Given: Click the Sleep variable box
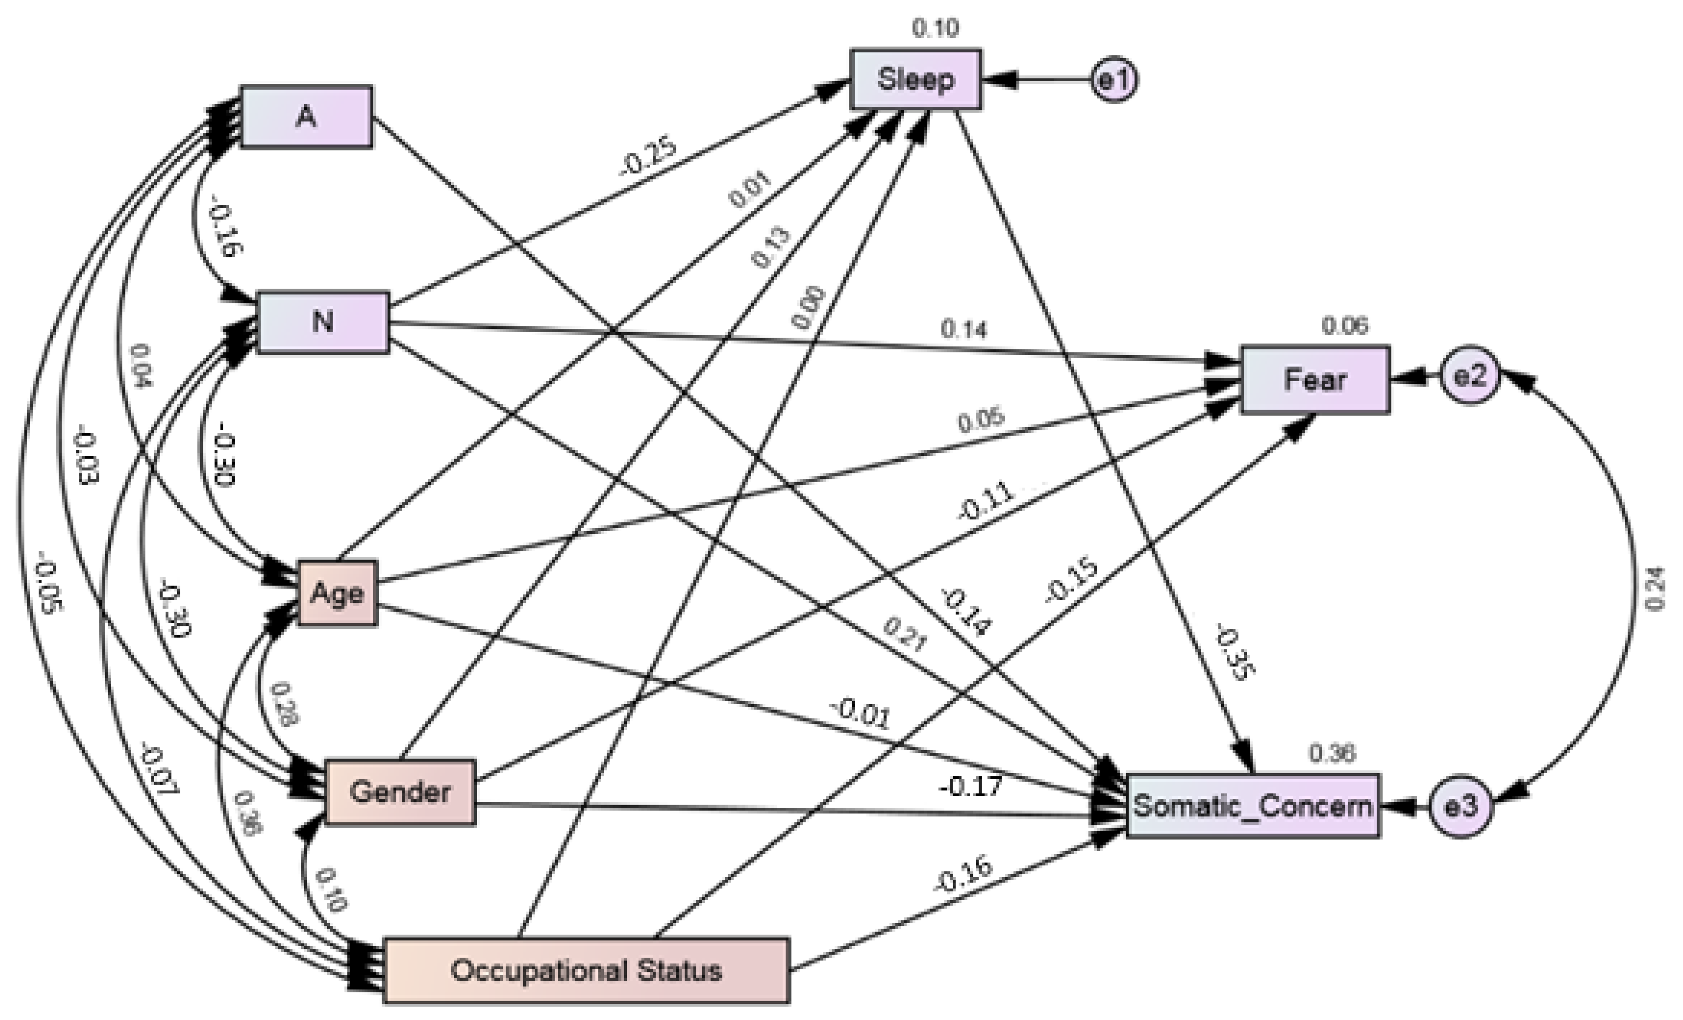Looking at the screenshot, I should click(915, 79).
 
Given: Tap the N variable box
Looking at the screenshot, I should click(322, 322).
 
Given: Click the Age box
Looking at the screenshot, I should click(337, 593).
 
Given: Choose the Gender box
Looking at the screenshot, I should click(400, 793).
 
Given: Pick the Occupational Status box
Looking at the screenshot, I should click(586, 970).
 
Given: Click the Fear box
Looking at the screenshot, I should click(1315, 380).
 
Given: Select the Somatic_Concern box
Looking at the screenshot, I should click(1252, 806).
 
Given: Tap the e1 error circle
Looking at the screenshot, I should click(1114, 80).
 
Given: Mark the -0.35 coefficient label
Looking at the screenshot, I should click(1234, 653).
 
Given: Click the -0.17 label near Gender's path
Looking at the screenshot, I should click(971, 787).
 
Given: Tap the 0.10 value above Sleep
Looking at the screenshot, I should click(935, 28).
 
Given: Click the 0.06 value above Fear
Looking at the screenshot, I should click(1344, 326).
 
